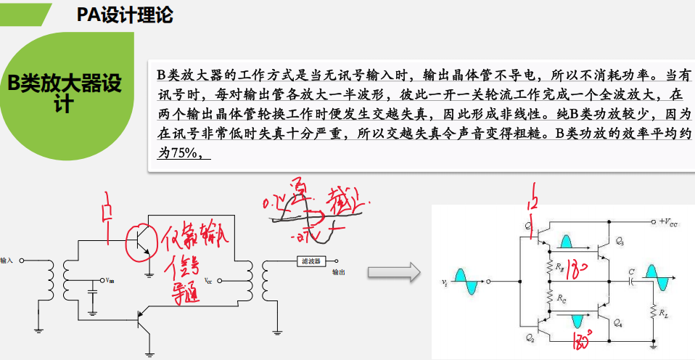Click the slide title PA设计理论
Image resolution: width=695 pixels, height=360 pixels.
[124, 15]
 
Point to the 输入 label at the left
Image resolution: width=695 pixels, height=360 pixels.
[8, 260]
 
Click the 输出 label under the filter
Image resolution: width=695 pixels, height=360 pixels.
[338, 273]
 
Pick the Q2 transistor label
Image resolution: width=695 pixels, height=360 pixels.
[530, 339]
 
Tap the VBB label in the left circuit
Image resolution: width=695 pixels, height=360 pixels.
[109, 280]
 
